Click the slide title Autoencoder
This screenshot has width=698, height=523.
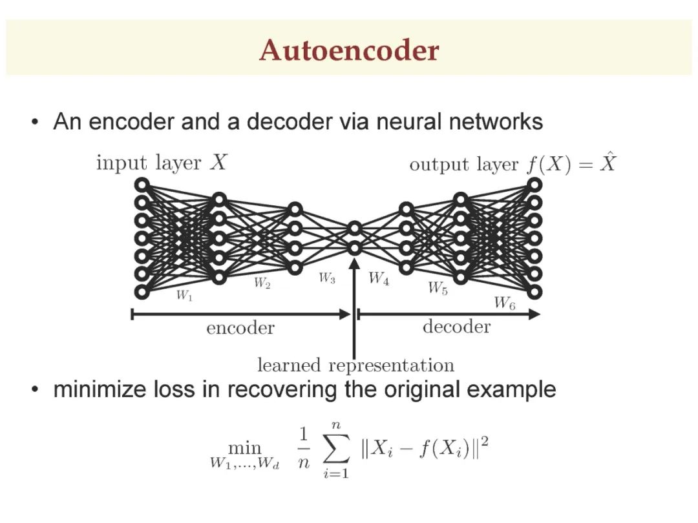point(349,50)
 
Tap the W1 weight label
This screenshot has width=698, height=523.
point(184,295)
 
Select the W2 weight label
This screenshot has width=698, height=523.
point(262,283)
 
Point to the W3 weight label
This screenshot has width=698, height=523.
point(327,278)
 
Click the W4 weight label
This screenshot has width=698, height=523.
point(379,279)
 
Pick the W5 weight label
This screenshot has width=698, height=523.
point(438,288)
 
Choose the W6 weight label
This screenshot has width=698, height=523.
point(505,303)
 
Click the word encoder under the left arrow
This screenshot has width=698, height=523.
point(240,328)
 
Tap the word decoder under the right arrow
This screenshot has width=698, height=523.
point(457,327)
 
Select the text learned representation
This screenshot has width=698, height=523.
point(355,365)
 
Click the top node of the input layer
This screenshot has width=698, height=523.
point(142,185)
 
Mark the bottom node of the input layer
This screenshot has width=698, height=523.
point(142,292)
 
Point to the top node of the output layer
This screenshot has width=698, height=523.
point(534,185)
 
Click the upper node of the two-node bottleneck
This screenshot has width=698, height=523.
point(354,229)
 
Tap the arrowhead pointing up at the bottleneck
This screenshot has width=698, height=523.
point(354,263)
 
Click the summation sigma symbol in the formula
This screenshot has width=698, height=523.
point(336,449)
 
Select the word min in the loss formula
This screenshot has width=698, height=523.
point(244,447)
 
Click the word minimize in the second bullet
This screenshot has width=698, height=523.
point(101,389)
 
